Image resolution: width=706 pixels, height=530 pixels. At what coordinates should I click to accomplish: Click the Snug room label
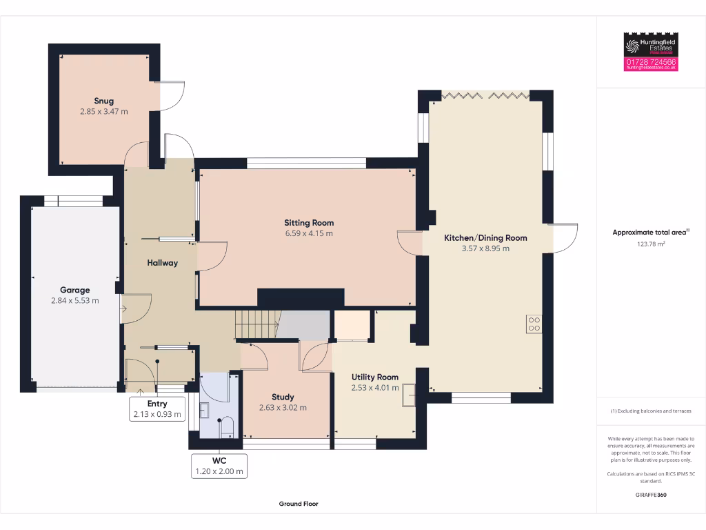click(x=103, y=101)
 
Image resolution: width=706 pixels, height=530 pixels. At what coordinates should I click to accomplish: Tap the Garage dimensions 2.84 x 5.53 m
click(x=74, y=300)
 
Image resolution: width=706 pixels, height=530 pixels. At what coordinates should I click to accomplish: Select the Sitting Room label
click(x=309, y=223)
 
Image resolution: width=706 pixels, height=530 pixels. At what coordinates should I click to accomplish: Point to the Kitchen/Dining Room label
click(x=485, y=238)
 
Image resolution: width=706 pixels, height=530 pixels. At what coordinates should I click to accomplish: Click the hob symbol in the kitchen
click(x=534, y=324)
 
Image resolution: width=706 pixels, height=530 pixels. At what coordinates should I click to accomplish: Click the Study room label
click(x=283, y=397)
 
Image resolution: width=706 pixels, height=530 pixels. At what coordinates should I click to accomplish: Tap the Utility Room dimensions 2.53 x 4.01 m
click(x=375, y=387)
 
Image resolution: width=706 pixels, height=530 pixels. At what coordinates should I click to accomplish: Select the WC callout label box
click(x=219, y=466)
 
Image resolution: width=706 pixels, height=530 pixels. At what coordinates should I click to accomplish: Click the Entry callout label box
click(x=157, y=409)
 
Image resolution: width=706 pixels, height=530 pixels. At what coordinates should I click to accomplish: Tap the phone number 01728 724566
click(x=651, y=62)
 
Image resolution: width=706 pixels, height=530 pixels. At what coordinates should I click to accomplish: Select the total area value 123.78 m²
click(x=651, y=244)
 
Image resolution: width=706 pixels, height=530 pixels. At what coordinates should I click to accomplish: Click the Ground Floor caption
click(x=299, y=504)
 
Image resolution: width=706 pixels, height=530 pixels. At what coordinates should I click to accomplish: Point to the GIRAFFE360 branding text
click(x=651, y=495)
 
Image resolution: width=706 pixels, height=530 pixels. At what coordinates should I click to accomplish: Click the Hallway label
click(x=162, y=263)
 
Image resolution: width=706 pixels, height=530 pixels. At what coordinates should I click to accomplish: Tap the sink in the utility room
click(x=409, y=393)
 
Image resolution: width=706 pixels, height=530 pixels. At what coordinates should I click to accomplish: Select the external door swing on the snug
click(x=173, y=95)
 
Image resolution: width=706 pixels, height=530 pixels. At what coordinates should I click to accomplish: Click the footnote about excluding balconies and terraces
click(x=651, y=411)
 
